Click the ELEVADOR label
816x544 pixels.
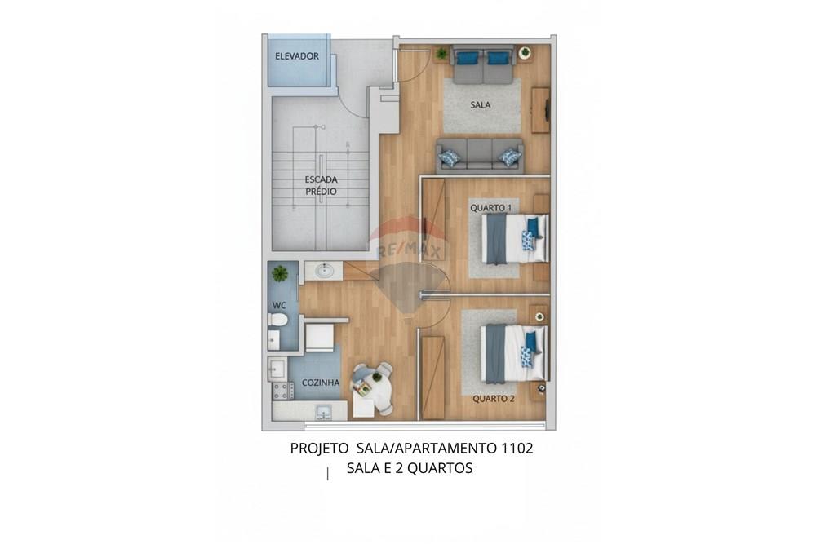pyautogui.click(x=297, y=56)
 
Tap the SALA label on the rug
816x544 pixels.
pyautogui.click(x=481, y=105)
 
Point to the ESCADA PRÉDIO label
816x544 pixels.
pyautogui.click(x=321, y=185)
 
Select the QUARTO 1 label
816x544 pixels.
pyautogui.click(x=490, y=208)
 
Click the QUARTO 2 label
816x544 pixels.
pyautogui.click(x=494, y=399)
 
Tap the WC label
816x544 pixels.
pyautogui.click(x=279, y=305)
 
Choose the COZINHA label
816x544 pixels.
pyautogui.click(x=321, y=383)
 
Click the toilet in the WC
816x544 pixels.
pyautogui.click(x=277, y=320)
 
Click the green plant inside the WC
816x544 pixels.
pyautogui.click(x=279, y=273)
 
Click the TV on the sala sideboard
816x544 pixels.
pyautogui.click(x=547, y=110)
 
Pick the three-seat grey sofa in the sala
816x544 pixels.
pyautogui.click(x=480, y=156)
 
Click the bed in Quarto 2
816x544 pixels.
pyautogui.click(x=515, y=353)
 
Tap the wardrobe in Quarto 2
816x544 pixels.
pyautogui.click(x=433, y=378)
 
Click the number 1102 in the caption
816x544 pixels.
pyautogui.click(x=517, y=449)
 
